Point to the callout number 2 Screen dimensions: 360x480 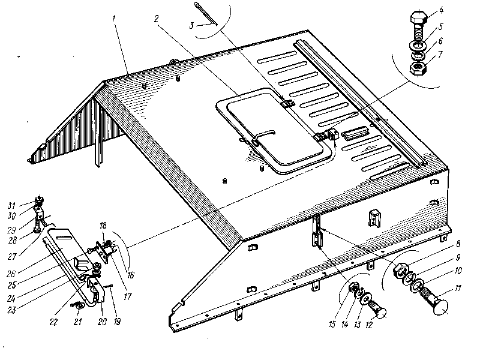[156, 18]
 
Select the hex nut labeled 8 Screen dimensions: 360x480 [400, 271]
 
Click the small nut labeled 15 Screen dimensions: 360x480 [355, 289]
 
